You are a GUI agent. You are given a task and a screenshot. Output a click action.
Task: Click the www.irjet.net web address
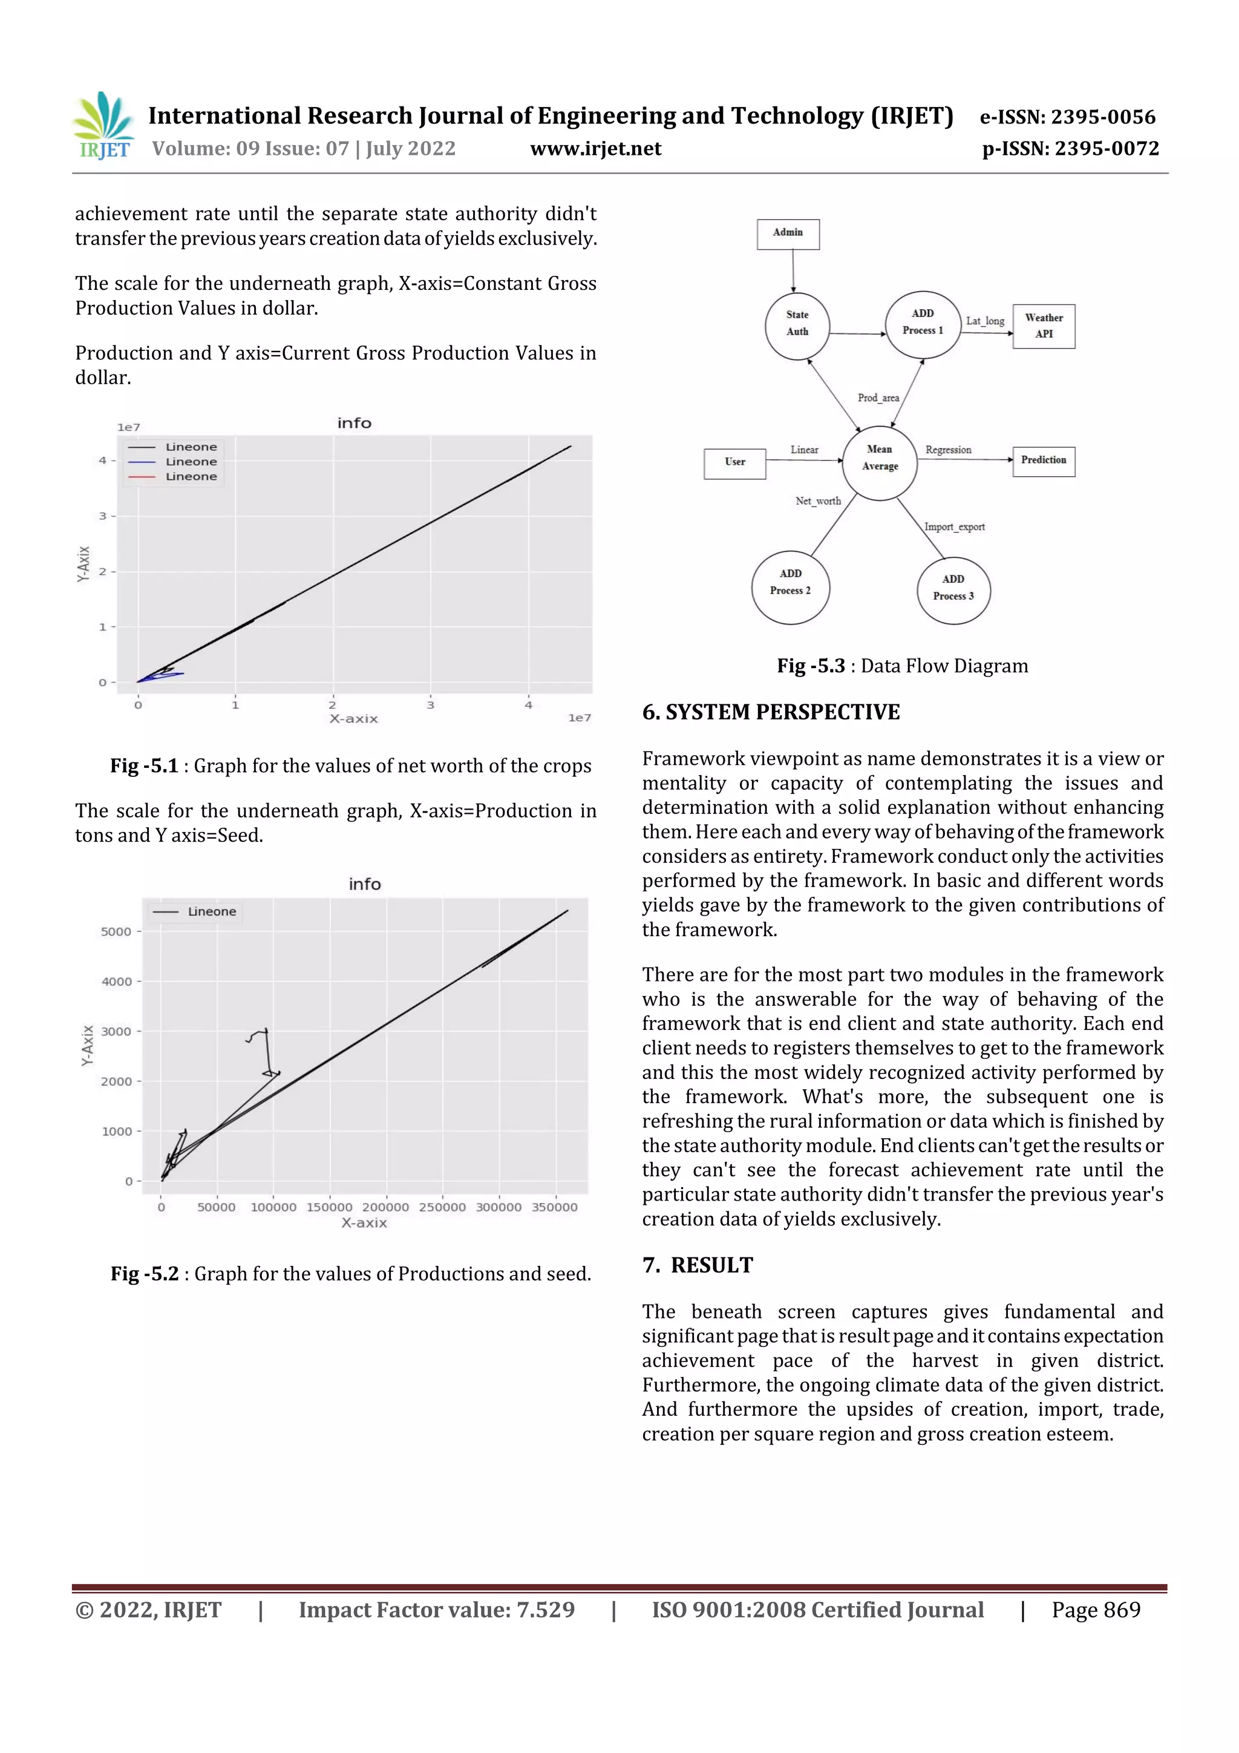coord(595,149)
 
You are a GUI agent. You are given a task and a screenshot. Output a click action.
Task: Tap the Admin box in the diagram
coord(788,234)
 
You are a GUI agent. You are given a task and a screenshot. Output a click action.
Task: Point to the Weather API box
coord(1044,326)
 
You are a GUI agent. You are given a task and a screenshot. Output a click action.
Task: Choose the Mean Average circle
coord(880,459)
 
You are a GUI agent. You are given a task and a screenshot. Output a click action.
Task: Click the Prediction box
coord(1044,461)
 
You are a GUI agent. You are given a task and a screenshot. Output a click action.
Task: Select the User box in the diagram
coord(734,463)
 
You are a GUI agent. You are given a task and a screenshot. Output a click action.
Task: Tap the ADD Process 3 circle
coord(953,589)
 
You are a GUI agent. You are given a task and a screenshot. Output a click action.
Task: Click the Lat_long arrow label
coord(985,321)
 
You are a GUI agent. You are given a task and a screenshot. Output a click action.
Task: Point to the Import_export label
coord(954,528)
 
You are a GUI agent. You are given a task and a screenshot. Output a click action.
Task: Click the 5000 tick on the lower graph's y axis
coord(116,931)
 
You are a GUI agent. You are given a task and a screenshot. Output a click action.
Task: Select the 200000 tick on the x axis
coord(385,1207)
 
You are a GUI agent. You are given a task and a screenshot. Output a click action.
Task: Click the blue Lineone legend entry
coord(191,462)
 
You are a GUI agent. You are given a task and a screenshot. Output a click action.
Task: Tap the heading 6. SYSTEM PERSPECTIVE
coord(771,712)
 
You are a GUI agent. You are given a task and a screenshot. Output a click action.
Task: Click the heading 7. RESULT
coord(697,1265)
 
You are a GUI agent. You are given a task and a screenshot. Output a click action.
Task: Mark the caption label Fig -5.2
coord(144,1274)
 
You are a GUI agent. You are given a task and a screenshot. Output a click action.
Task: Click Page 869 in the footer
coord(1096,1610)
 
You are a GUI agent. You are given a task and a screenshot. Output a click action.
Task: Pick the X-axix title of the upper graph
coord(353,718)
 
